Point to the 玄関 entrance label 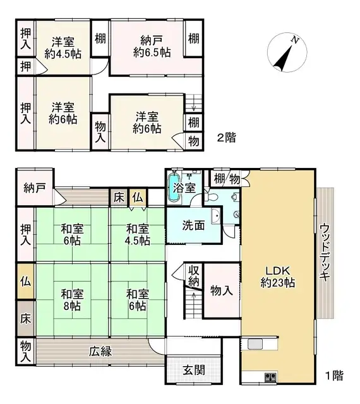194,369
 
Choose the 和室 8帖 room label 71,299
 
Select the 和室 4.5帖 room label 136,234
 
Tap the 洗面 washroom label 193,226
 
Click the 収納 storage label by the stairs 194,275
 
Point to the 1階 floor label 334,376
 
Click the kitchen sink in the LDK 255,344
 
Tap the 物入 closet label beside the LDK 221,290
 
